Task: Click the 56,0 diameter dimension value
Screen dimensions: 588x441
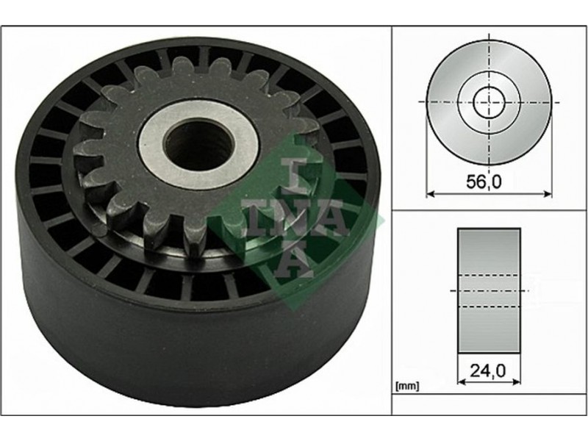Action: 484,182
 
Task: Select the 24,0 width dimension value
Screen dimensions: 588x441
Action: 489,371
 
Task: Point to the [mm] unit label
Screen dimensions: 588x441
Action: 407,386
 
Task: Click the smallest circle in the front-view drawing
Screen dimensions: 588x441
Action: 489,102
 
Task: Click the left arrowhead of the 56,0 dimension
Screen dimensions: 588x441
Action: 430,194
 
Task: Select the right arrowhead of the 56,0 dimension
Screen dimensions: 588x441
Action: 548,194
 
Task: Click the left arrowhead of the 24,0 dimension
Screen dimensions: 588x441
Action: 462,381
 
